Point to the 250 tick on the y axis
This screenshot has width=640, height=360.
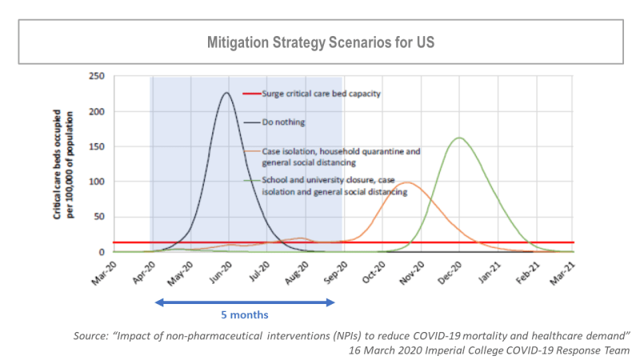pyautogui.click(x=97, y=77)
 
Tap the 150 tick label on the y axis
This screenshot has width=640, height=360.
pyautogui.click(x=97, y=146)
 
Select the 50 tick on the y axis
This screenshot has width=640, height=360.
pyautogui.click(x=100, y=217)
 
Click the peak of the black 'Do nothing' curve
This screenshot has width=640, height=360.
pyautogui.click(x=226, y=93)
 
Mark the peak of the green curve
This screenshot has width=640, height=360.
pyautogui.click(x=459, y=138)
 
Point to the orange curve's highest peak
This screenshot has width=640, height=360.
pyautogui.click(x=407, y=182)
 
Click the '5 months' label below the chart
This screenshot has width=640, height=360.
pyautogui.click(x=244, y=315)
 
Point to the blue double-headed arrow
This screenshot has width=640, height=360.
pyautogui.click(x=244, y=302)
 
